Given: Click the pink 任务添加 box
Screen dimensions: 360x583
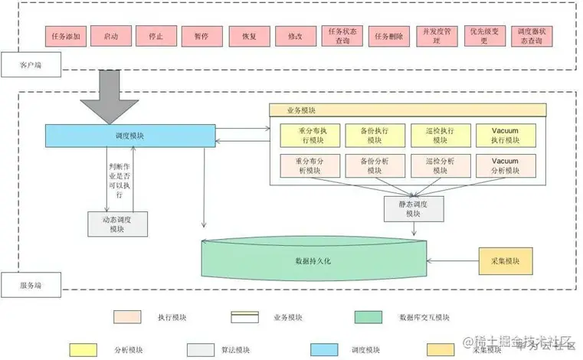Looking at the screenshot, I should [65, 36].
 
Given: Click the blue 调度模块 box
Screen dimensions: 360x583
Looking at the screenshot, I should [129, 136].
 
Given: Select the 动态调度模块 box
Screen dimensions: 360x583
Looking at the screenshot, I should [116, 224].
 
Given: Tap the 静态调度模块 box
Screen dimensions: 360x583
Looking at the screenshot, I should [413, 208].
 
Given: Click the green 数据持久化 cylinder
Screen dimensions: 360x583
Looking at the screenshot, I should [314, 260].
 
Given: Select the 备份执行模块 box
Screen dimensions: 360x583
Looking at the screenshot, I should [371, 136].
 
